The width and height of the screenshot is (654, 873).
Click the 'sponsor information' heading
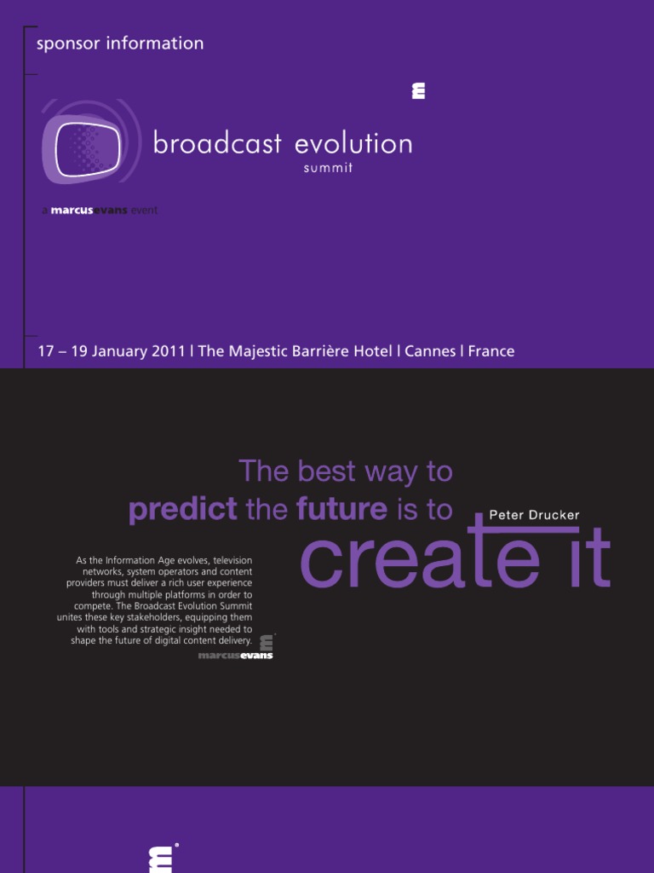coord(120,43)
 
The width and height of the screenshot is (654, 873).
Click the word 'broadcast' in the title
coord(217,143)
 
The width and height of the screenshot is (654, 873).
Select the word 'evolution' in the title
coord(353,143)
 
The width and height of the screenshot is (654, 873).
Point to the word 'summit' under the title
coord(328,168)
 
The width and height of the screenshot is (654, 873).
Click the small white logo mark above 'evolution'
coord(418,91)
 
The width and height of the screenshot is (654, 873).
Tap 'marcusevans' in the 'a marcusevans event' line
coord(89,211)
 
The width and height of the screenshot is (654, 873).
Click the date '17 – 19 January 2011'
coord(111,351)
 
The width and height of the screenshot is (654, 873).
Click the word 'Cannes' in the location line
coord(430,351)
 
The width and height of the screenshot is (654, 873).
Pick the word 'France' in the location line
coord(491,351)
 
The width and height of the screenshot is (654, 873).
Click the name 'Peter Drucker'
coord(534,516)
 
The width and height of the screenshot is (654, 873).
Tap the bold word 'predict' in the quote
coord(183,510)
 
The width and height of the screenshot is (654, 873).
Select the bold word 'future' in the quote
coord(341,510)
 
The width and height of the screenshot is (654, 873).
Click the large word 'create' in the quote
coord(419,558)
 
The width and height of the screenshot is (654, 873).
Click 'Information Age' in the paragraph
coord(139,560)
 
